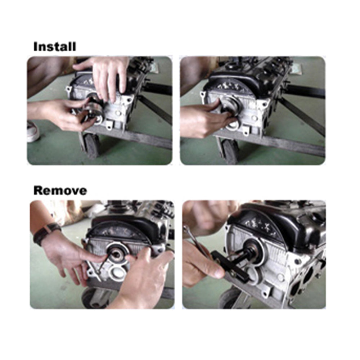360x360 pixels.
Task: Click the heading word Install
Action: pyautogui.click(x=54, y=47)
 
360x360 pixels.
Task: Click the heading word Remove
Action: pyautogui.click(x=60, y=190)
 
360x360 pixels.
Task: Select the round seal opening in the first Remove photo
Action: pyautogui.click(x=116, y=254)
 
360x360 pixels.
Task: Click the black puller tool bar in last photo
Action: pyautogui.click(x=230, y=266)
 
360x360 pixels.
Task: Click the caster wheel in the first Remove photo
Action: pyautogui.click(x=92, y=299)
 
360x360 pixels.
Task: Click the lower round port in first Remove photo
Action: pyautogui.click(x=118, y=274)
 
